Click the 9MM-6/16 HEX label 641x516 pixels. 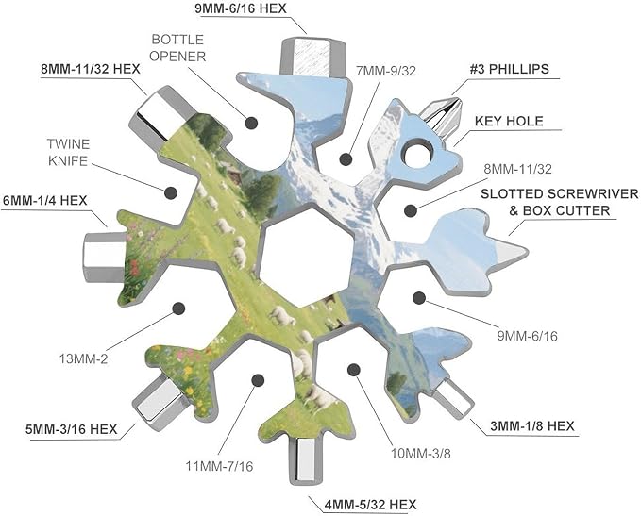click(x=241, y=8)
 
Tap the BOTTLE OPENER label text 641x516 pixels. click(x=177, y=48)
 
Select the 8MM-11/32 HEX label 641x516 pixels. click(x=91, y=69)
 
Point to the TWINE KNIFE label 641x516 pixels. click(x=68, y=153)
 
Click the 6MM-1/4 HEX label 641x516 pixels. click(x=45, y=201)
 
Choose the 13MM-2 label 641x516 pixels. click(x=83, y=359)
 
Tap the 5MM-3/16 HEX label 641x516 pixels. click(x=72, y=429)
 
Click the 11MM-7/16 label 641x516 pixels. click(x=220, y=466)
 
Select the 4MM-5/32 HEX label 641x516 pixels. click(x=370, y=505)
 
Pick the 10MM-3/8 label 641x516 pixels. click(x=421, y=453)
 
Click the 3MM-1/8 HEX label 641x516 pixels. click(x=532, y=426)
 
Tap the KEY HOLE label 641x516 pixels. click(x=509, y=121)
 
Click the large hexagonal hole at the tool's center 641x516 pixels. click(x=306, y=258)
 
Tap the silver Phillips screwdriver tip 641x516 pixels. click(x=443, y=117)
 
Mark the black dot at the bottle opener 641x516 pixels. click(x=251, y=123)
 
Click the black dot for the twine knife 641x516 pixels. click(x=171, y=192)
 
